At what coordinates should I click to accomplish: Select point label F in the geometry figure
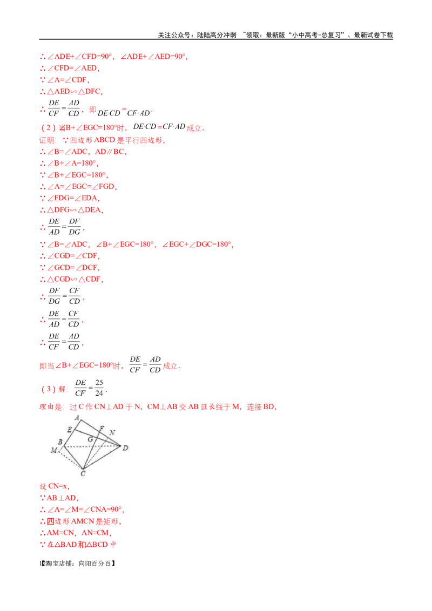pyautogui.click(x=102, y=428)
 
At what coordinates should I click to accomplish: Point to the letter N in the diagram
pyautogui.click(x=112, y=432)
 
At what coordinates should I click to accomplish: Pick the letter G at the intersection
pyautogui.click(x=91, y=439)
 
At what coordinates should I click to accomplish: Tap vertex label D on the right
pyautogui.click(x=125, y=447)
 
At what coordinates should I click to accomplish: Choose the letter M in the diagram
pyautogui.click(x=53, y=450)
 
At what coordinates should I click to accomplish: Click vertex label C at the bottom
pyautogui.click(x=83, y=473)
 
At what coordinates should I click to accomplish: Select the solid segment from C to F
pyautogui.click(x=93, y=447)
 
